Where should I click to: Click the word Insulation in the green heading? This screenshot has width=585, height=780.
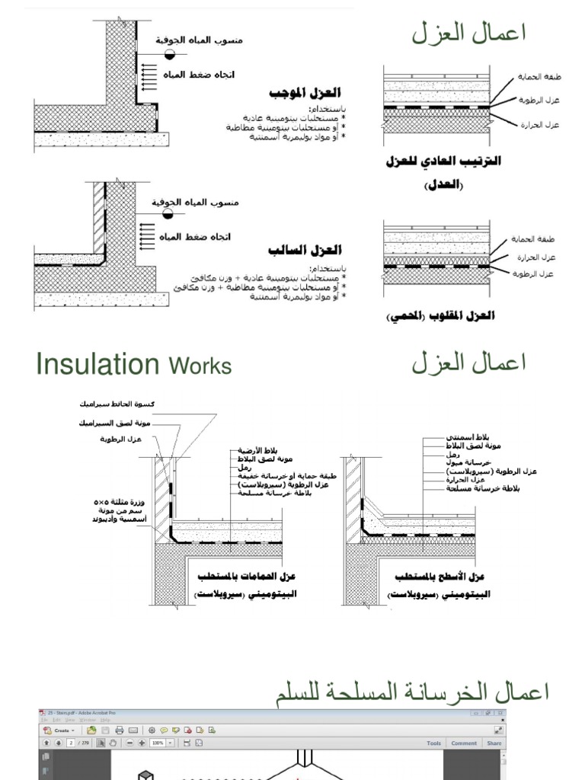point(97,365)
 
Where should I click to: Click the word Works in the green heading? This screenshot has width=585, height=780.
point(200,366)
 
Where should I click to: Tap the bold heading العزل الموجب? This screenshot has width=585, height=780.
point(304,93)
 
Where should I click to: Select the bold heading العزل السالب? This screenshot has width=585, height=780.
point(305,250)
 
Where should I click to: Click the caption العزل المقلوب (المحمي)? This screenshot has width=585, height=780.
point(441,315)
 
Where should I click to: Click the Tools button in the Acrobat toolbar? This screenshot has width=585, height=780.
point(433,743)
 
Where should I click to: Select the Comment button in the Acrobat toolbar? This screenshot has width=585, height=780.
point(464,743)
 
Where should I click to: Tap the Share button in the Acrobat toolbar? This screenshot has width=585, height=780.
point(494,743)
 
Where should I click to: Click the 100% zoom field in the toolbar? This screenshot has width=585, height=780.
point(158,743)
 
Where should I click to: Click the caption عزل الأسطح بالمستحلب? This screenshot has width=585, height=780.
point(440,577)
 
